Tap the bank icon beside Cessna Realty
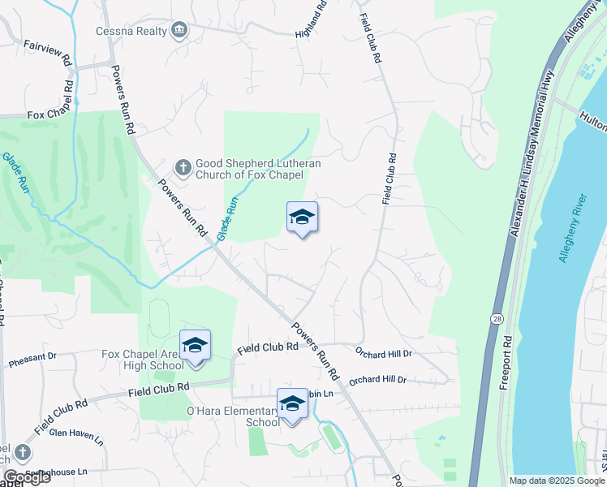pyautogui.click(x=179, y=31)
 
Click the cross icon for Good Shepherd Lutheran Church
pyautogui.click(x=183, y=168)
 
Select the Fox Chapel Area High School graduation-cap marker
pyautogui.click(x=195, y=347)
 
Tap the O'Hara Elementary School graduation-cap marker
pyautogui.click(x=292, y=404)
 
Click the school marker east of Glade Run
pyautogui.click(x=302, y=217)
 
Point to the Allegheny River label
pyautogui.click(x=572, y=228)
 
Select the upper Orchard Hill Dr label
pyautogui.click(x=385, y=353)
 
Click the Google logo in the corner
pyautogui.click(x=26, y=477)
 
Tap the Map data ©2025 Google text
pyautogui.click(x=556, y=481)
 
